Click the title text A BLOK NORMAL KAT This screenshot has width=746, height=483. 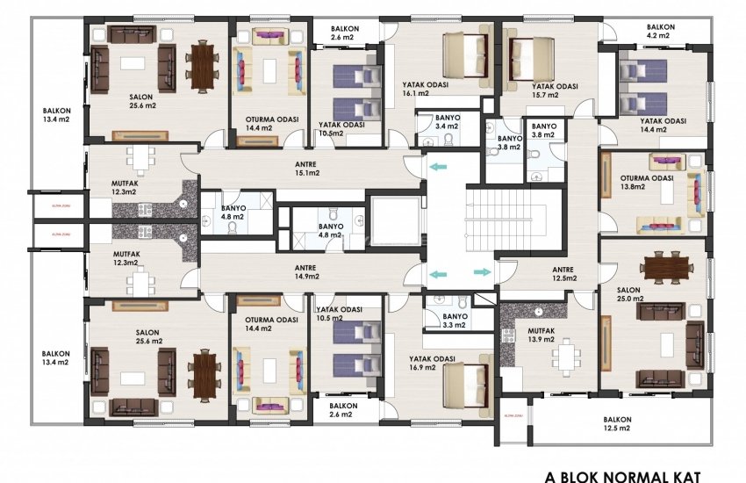tap(624, 476)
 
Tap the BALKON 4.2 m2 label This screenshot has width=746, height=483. tap(662, 32)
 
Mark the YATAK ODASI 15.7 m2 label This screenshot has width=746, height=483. tap(555, 91)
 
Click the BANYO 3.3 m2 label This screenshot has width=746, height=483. tap(455, 321)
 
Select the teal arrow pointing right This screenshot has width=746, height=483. tap(482, 272)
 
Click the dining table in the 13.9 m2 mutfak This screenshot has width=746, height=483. tap(562, 356)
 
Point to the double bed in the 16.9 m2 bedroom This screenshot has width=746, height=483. tap(466, 378)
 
